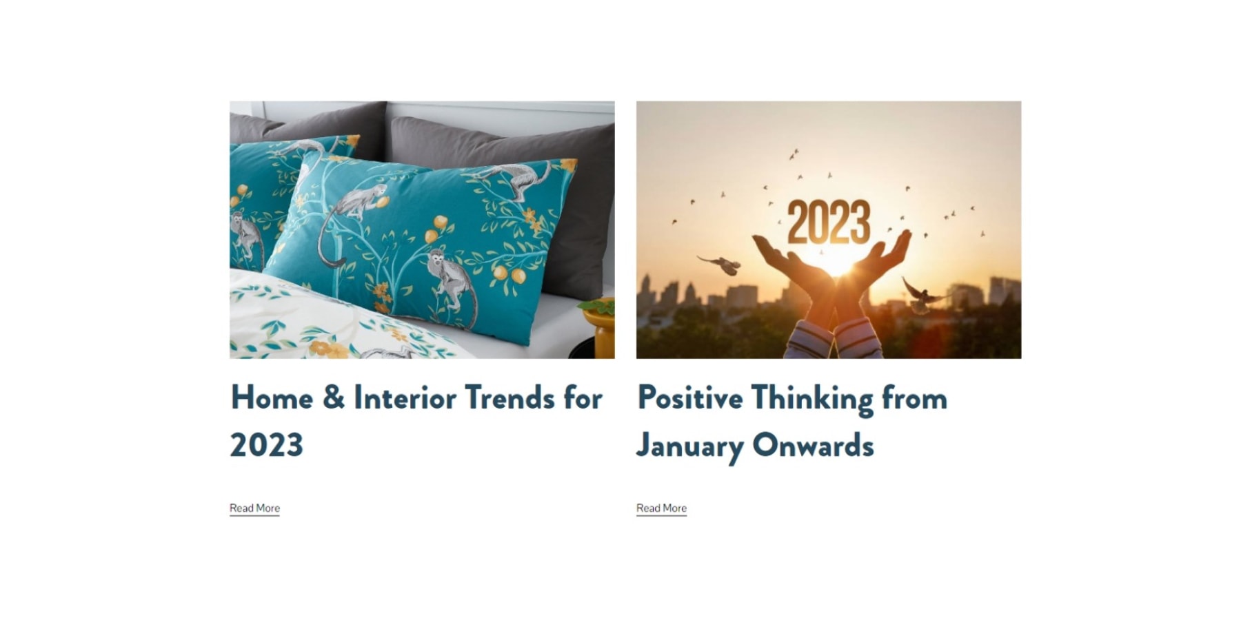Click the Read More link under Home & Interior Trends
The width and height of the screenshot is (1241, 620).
pos(254,508)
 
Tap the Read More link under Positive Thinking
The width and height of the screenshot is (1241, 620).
pos(661,508)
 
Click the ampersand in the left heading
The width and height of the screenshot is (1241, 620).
pos(334,397)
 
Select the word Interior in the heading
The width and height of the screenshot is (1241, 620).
pos(405,397)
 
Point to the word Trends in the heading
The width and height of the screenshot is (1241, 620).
pos(509,397)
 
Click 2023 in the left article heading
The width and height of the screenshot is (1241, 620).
pos(266,445)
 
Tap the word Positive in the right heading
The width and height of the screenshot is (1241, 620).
pos(689,397)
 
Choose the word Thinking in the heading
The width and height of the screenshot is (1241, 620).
pos(811,399)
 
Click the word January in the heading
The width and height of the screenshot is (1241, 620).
pos(689,446)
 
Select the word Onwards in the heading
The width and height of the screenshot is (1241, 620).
pos(813,445)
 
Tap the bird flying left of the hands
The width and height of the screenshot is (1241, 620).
pos(721,264)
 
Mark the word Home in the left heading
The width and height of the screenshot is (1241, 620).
pos(272,397)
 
